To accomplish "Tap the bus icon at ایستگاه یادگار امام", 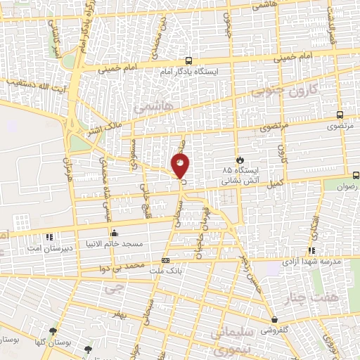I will pos(188,61).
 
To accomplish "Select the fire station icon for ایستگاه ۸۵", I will pos(241,159).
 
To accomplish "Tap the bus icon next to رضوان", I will pos(356,175).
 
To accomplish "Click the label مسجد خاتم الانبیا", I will pos(136,243).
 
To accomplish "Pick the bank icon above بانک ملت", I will pos(166,259).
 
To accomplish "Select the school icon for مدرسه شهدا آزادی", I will pos(311,250).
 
